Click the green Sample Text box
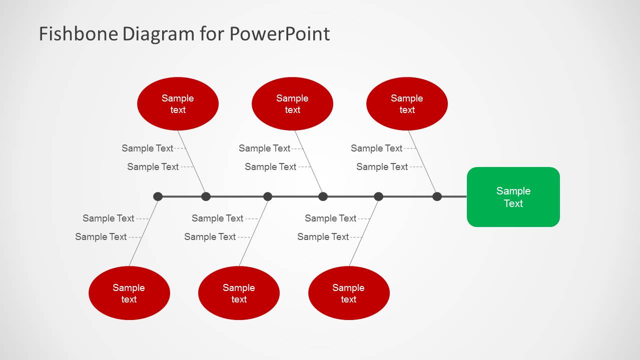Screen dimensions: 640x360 (x=513, y=197)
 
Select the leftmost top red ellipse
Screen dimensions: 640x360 (x=178, y=104)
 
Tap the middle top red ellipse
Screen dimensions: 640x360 (x=292, y=104)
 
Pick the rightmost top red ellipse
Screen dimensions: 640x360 (x=407, y=104)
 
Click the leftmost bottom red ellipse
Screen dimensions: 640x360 (x=129, y=293)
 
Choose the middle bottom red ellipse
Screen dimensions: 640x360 (x=239, y=293)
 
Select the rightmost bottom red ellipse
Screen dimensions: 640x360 (x=349, y=293)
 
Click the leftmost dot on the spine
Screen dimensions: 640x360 (x=158, y=196)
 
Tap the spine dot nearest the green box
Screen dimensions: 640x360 (x=437, y=196)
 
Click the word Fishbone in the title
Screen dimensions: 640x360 (x=78, y=34)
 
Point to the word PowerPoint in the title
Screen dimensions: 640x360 (x=280, y=34)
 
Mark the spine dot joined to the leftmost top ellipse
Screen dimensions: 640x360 (x=206, y=196)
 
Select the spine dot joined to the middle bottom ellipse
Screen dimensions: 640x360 (x=268, y=196)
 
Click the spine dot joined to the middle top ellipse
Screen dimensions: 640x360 (x=323, y=196)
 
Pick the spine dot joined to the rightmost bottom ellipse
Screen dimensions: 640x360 (x=378, y=196)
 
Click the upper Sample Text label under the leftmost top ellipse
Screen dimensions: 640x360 (x=147, y=148)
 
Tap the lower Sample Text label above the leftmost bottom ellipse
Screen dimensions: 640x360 (x=101, y=236)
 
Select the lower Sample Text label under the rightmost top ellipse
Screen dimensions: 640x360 (x=382, y=166)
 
